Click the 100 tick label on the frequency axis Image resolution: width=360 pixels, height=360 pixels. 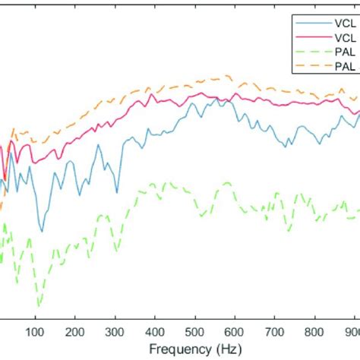tap(35, 331)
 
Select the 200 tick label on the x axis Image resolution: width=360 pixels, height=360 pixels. tap(75, 331)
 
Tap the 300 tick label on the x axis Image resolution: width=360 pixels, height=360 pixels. tap(115, 331)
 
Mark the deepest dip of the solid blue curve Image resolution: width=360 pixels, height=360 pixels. tap(42, 231)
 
